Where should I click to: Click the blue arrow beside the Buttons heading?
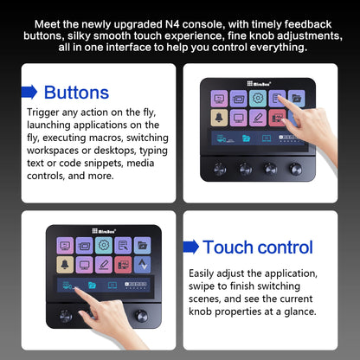coord(29,92)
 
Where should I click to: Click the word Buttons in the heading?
coord(76,92)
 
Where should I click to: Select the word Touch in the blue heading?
coord(229,247)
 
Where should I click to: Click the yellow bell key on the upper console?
coord(218,116)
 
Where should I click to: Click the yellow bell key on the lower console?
coord(65,263)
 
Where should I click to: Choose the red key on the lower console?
coord(122,263)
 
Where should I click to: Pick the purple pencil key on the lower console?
coord(103,263)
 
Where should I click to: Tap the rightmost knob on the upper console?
coord(294,167)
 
